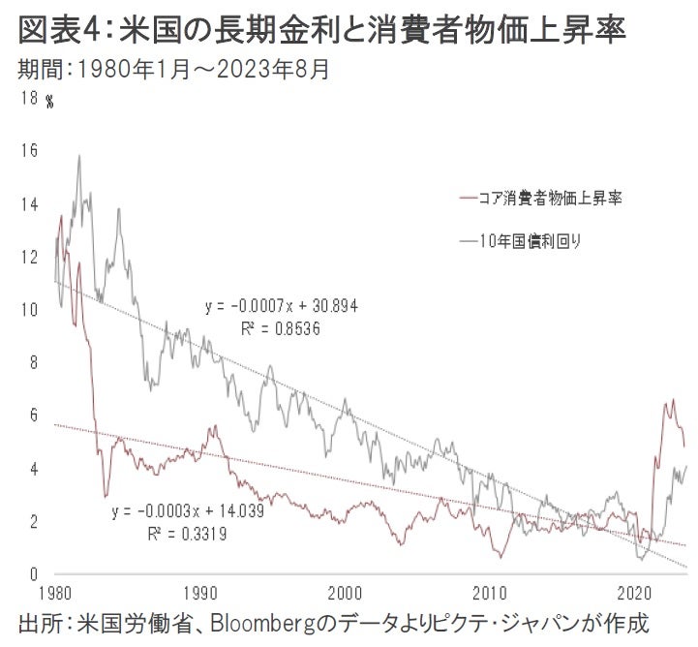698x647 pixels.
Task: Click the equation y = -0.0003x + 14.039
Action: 189,510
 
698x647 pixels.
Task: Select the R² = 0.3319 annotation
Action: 187,532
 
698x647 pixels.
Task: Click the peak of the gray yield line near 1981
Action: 78,155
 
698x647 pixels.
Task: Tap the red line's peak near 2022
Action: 673,399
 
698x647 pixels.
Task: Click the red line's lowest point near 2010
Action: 500,557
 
